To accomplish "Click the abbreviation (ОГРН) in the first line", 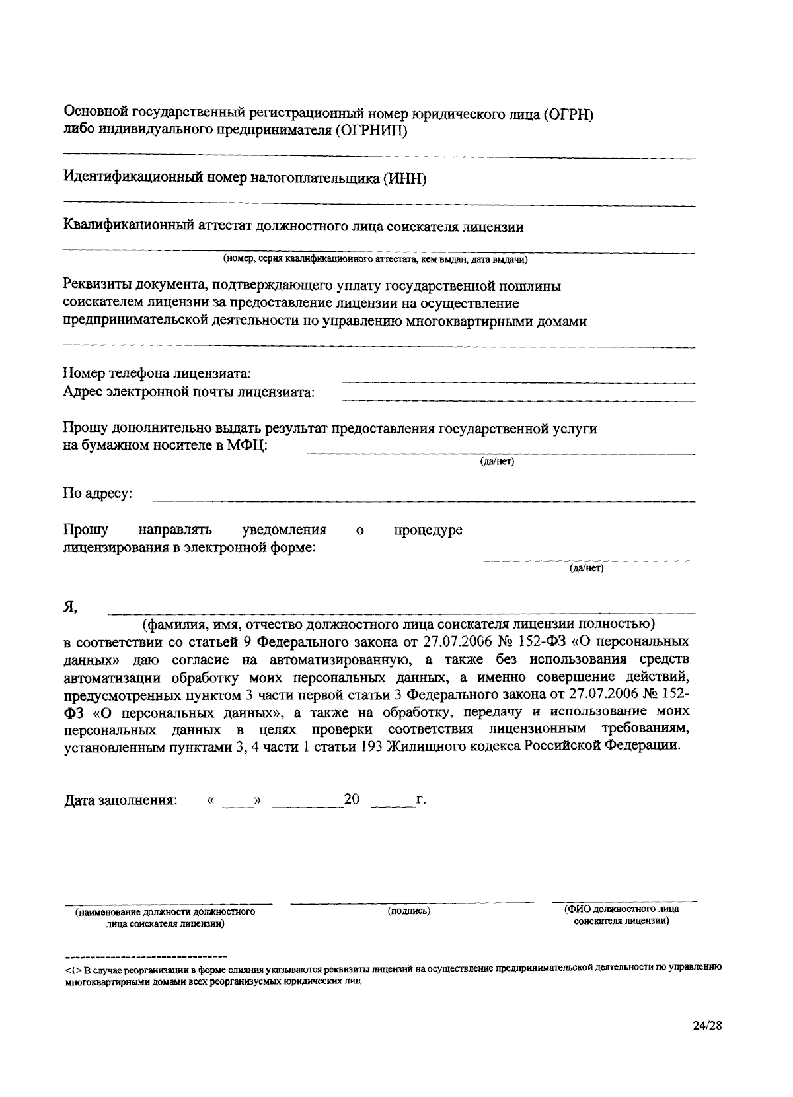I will pyautogui.click(x=569, y=114).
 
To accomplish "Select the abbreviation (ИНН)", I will pyautogui.click(x=404, y=178).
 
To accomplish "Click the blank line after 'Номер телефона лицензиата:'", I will pyautogui.click(x=518, y=381).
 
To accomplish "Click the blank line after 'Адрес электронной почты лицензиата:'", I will pyautogui.click(x=518, y=400).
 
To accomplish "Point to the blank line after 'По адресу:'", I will pyautogui.click(x=424, y=500).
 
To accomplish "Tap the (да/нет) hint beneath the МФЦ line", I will pyautogui.click(x=497, y=462).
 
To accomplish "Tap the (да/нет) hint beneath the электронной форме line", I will pyautogui.click(x=587, y=568).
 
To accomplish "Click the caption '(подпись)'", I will pyautogui.click(x=409, y=911).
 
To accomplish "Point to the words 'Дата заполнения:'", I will pyautogui.click(x=121, y=800).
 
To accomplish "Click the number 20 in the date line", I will pyautogui.click(x=352, y=800).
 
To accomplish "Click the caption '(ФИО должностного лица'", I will pyautogui.click(x=621, y=909).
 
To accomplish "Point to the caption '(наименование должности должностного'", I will pyautogui.click(x=165, y=912).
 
